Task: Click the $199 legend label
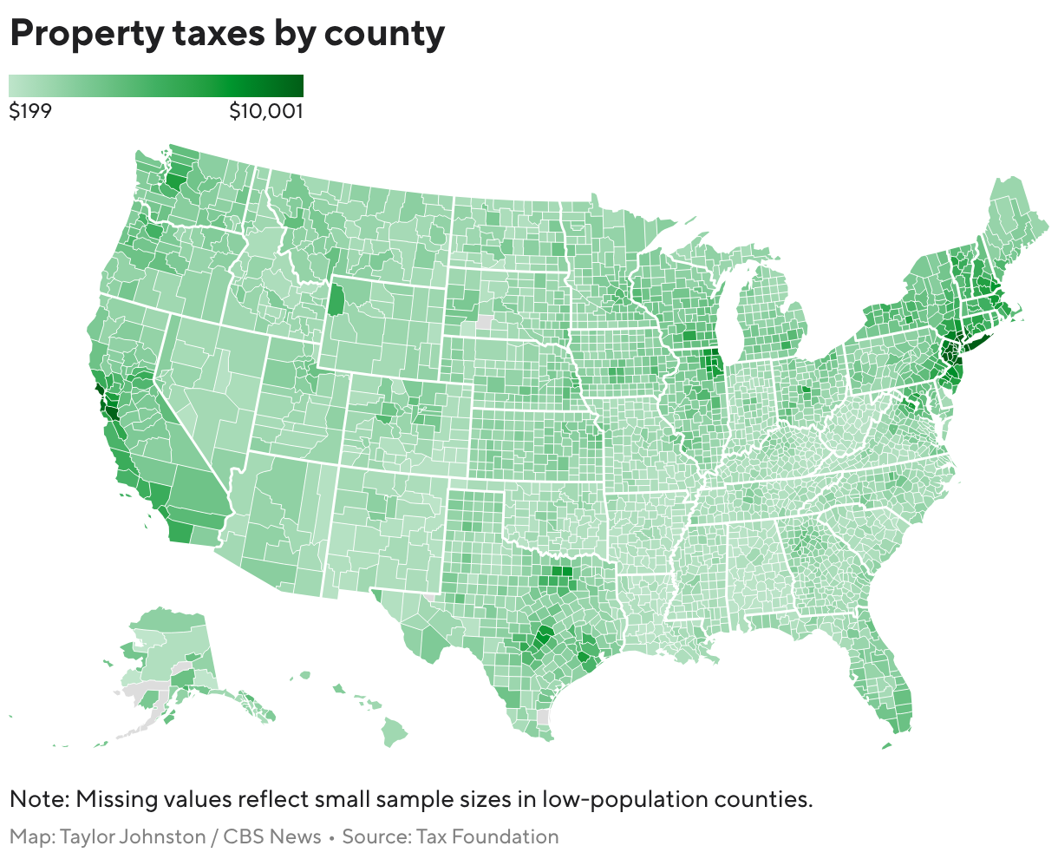click(x=29, y=111)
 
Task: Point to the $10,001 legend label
click(x=265, y=111)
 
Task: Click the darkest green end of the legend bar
click(x=297, y=85)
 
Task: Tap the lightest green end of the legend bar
click(x=14, y=85)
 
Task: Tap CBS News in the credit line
click(x=272, y=837)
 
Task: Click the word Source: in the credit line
click(x=376, y=837)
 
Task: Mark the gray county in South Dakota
click(x=484, y=322)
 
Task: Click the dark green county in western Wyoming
click(x=336, y=300)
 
